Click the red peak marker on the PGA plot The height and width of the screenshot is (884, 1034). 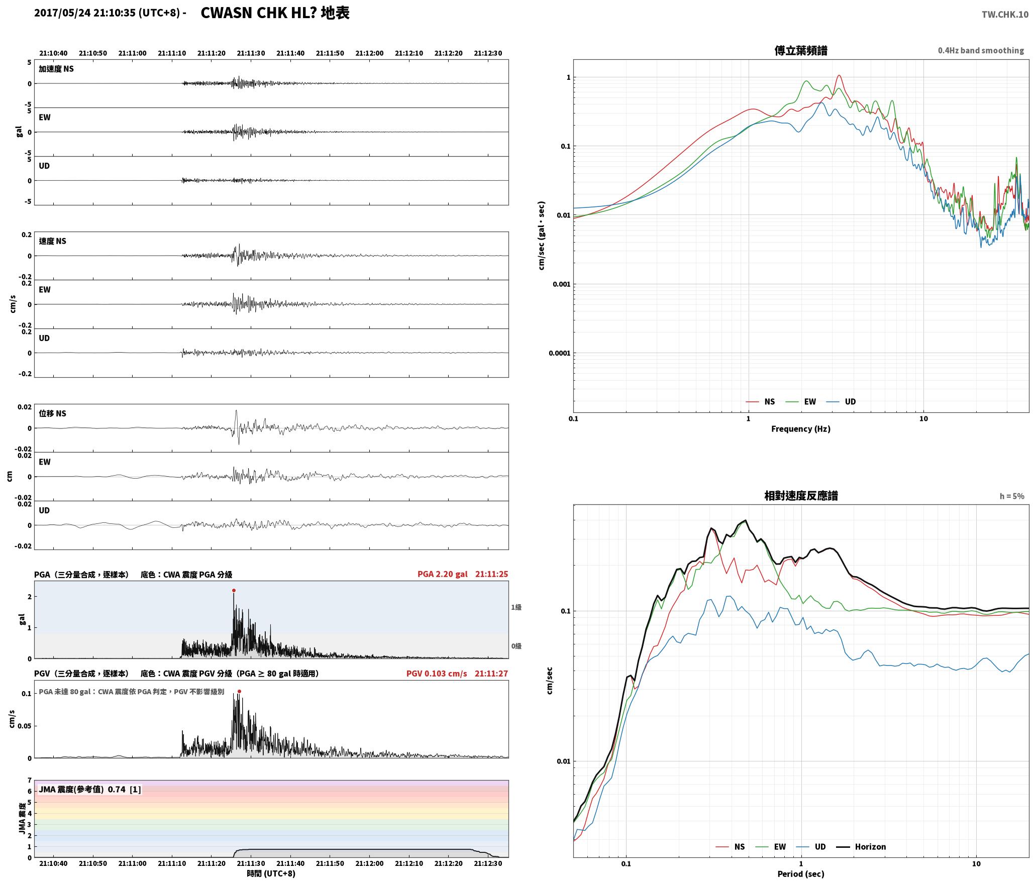234,590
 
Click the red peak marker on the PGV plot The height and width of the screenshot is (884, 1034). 239,691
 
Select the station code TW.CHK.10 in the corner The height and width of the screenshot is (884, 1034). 1005,15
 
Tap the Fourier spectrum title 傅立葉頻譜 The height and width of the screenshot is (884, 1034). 801,51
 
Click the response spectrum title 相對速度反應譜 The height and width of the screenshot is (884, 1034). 801,496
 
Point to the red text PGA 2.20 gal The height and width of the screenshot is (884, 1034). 442,574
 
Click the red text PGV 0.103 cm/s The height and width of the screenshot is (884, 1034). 437,674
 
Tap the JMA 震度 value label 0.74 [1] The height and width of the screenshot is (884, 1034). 125,789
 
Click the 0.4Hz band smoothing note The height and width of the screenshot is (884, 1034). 981,51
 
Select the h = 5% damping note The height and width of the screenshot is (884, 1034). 1012,496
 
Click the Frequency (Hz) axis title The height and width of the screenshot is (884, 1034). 801,429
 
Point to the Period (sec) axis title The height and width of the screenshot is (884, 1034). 801,874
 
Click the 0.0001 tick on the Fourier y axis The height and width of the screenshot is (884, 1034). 560,353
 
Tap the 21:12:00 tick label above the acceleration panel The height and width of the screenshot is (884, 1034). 369,53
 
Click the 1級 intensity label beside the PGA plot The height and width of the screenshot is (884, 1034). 516,607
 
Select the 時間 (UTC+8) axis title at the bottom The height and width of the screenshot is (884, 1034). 271,873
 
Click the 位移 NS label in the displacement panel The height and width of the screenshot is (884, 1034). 52,413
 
